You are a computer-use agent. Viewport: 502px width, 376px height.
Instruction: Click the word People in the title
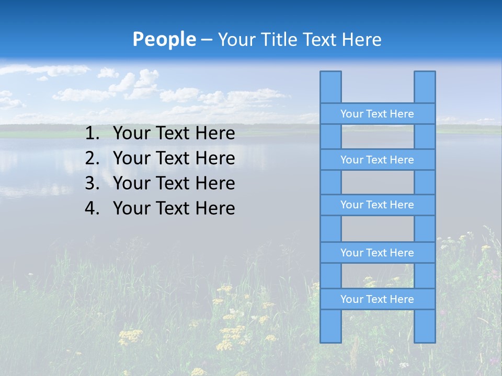[x=164, y=40]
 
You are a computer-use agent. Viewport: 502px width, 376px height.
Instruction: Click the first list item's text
[x=174, y=134]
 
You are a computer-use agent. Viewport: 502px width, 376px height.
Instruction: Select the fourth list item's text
[x=174, y=208]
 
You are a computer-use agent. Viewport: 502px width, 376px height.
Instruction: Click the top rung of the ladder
[x=377, y=114]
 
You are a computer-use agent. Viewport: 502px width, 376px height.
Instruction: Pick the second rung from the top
[x=377, y=160]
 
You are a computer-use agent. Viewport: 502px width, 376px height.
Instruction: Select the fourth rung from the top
[x=377, y=253]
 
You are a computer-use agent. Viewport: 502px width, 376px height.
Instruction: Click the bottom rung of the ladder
[x=377, y=299]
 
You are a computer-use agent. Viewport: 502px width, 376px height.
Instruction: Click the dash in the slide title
[x=206, y=40]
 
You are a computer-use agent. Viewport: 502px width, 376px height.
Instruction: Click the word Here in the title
[x=362, y=40]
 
